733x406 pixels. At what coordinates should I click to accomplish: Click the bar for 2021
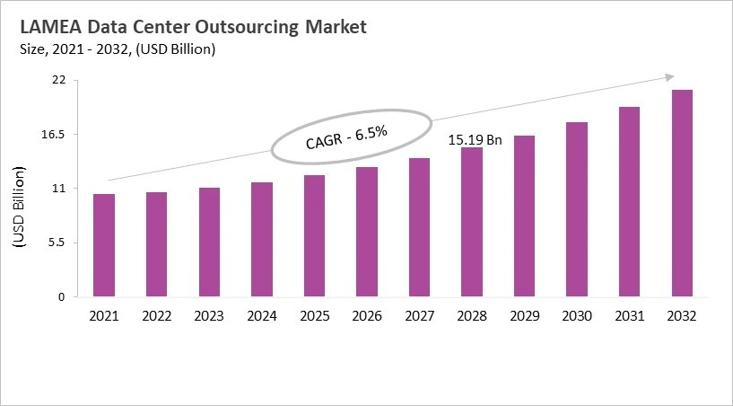(104, 245)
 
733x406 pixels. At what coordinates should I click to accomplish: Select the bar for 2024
(262, 239)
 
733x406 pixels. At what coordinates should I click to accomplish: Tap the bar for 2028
(472, 222)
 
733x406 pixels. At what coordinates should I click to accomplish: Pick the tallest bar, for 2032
(682, 193)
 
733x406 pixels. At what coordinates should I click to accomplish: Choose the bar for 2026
(367, 232)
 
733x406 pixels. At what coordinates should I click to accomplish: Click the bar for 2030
(577, 209)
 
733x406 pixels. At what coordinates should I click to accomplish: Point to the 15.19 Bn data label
(475, 140)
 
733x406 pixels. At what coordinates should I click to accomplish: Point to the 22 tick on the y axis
(58, 80)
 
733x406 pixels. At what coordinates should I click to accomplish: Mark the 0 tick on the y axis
(62, 296)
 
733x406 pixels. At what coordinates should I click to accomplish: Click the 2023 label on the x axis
(209, 315)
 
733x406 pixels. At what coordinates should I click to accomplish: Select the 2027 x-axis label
(419, 315)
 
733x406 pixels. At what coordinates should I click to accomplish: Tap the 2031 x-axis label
(629, 315)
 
